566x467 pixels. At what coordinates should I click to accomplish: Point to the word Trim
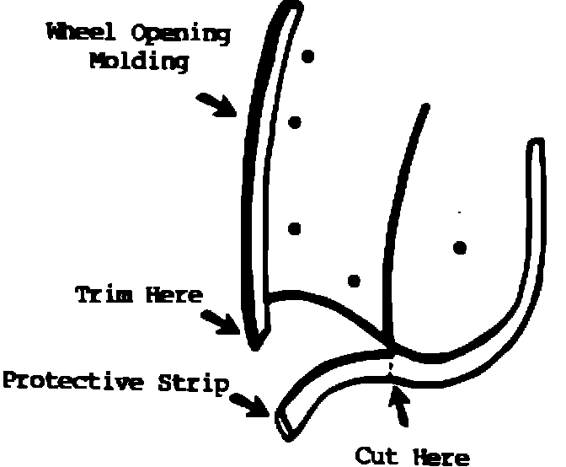click(x=104, y=296)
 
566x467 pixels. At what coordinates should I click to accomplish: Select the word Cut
click(x=376, y=455)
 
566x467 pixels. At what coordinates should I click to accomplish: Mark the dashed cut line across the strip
click(x=391, y=369)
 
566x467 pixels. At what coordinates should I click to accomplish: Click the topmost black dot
click(x=308, y=57)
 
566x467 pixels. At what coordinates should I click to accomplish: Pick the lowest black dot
click(x=354, y=280)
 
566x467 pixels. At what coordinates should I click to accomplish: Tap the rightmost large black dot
click(x=459, y=247)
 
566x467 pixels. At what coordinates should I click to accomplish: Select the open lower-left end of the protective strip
click(x=284, y=424)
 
